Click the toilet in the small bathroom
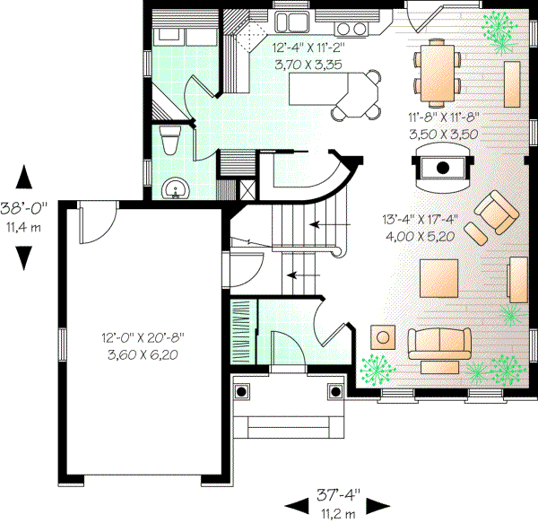(x=169, y=142)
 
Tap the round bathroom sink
(x=175, y=188)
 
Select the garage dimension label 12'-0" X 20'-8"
(x=143, y=345)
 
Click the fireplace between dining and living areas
(x=441, y=167)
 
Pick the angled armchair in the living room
(x=493, y=216)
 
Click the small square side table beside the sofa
(x=385, y=336)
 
